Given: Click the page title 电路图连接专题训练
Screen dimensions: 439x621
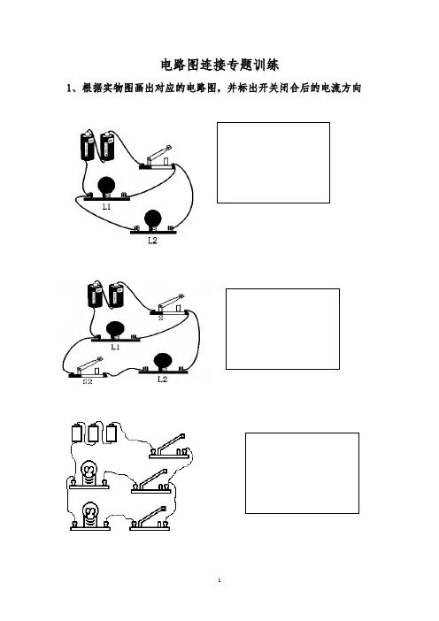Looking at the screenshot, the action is [x=219, y=65].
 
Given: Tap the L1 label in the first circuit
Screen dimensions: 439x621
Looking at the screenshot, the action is [x=106, y=207].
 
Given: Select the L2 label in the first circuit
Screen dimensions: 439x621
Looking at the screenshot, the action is [x=152, y=241].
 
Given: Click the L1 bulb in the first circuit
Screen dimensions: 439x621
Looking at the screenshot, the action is [x=106, y=186].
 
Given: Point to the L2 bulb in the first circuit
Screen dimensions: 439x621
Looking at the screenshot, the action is [x=152, y=219].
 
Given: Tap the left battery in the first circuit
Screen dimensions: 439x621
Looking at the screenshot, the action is [x=87, y=147].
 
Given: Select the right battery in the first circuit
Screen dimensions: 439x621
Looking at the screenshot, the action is [x=107, y=147].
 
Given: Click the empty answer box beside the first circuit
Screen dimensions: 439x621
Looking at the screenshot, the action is [x=273, y=163].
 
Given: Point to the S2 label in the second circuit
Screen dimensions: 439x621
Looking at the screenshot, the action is [x=88, y=381].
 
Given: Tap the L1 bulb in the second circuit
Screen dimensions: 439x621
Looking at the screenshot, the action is [x=115, y=330].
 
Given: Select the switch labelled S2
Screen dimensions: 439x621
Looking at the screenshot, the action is [x=87, y=368].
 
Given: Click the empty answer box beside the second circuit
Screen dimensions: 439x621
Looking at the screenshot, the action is [x=282, y=329].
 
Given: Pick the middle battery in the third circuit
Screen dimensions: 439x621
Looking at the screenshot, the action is [x=94, y=433].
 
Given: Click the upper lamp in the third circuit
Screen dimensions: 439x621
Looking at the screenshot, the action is [x=89, y=474].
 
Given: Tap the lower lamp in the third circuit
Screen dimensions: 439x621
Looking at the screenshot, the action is [x=89, y=514].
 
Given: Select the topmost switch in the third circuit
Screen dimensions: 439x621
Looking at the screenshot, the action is [x=168, y=447].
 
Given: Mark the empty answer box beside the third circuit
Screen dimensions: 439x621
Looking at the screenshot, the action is [x=302, y=473].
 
